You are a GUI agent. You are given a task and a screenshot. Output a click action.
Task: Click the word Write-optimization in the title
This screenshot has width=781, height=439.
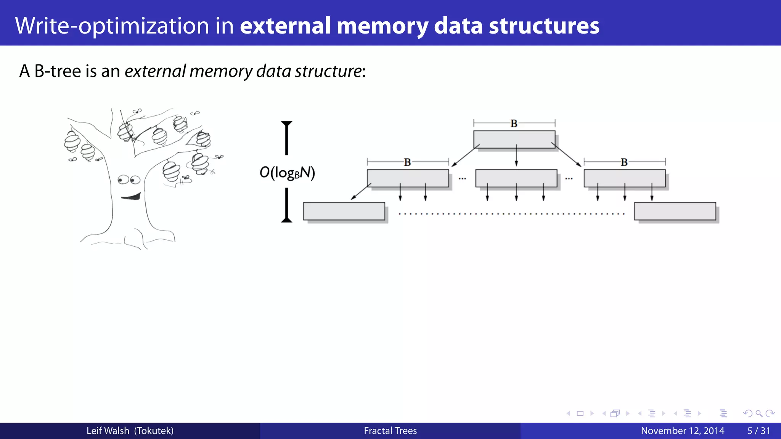[x=112, y=26]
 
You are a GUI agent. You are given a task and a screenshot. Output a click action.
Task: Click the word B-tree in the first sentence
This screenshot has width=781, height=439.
[x=57, y=71]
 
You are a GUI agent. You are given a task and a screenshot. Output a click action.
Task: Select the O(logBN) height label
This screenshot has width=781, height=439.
[x=287, y=173]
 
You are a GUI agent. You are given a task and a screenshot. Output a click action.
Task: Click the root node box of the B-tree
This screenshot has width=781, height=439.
[x=514, y=139]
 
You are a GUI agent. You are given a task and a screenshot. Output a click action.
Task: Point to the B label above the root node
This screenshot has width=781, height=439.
[x=514, y=123]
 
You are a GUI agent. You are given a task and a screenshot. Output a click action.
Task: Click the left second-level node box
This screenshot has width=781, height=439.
[x=408, y=178]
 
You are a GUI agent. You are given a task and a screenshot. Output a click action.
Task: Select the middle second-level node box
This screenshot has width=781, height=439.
[x=516, y=178]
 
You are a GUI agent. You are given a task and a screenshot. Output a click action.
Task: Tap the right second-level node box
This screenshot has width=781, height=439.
[x=624, y=178]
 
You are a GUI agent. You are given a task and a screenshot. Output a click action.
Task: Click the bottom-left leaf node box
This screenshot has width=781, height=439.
[x=344, y=211]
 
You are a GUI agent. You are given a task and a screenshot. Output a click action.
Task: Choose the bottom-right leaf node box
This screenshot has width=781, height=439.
[x=675, y=211]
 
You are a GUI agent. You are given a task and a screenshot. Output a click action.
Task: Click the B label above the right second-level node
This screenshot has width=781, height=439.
[x=624, y=162]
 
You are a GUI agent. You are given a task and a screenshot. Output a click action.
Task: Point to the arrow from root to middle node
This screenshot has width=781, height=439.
[x=516, y=155]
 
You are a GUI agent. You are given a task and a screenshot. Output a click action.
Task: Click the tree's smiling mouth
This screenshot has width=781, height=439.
[x=131, y=197]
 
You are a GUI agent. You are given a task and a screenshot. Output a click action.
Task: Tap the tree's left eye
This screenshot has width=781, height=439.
[x=123, y=179]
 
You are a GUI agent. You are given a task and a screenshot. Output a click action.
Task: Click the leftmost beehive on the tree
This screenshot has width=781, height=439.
[x=72, y=141]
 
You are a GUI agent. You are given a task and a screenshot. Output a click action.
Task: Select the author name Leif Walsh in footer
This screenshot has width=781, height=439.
[x=108, y=431]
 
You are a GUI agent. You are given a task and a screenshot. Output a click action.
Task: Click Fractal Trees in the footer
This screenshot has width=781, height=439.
[x=390, y=431]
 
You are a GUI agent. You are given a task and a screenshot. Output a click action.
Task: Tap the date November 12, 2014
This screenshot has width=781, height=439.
[x=682, y=431]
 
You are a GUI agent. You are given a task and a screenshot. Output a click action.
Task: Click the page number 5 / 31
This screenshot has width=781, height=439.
[x=759, y=431]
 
